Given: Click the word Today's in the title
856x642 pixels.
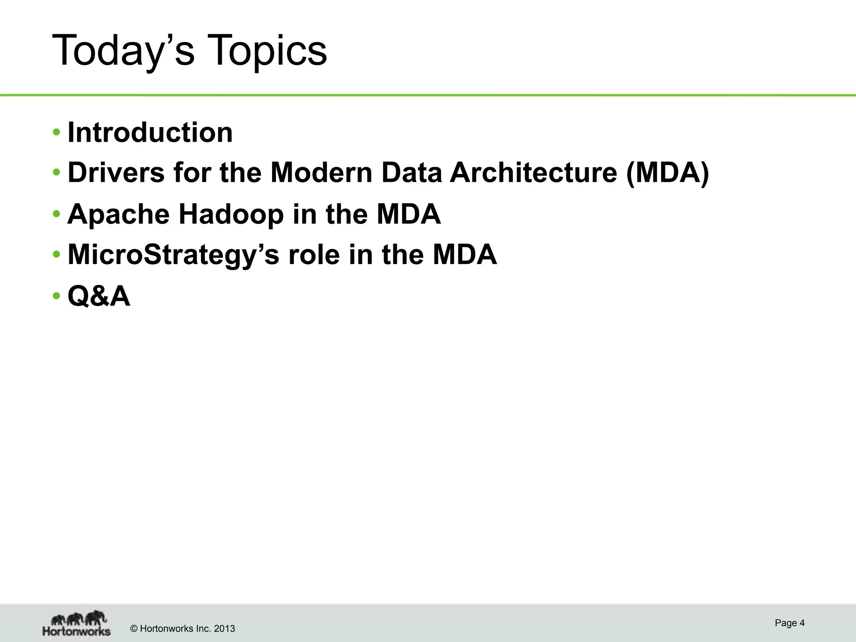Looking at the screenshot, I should pos(123,51).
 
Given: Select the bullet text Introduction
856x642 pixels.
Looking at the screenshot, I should pos(150,132).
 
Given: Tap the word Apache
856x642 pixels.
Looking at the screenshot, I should pos(118,214).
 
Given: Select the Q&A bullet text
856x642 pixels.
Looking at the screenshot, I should pos(99,296).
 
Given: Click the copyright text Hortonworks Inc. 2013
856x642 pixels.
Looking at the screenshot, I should pos(183,629).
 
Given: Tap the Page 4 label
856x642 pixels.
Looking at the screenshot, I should pos(789,623).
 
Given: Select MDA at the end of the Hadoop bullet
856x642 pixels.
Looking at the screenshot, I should pos(408,214).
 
